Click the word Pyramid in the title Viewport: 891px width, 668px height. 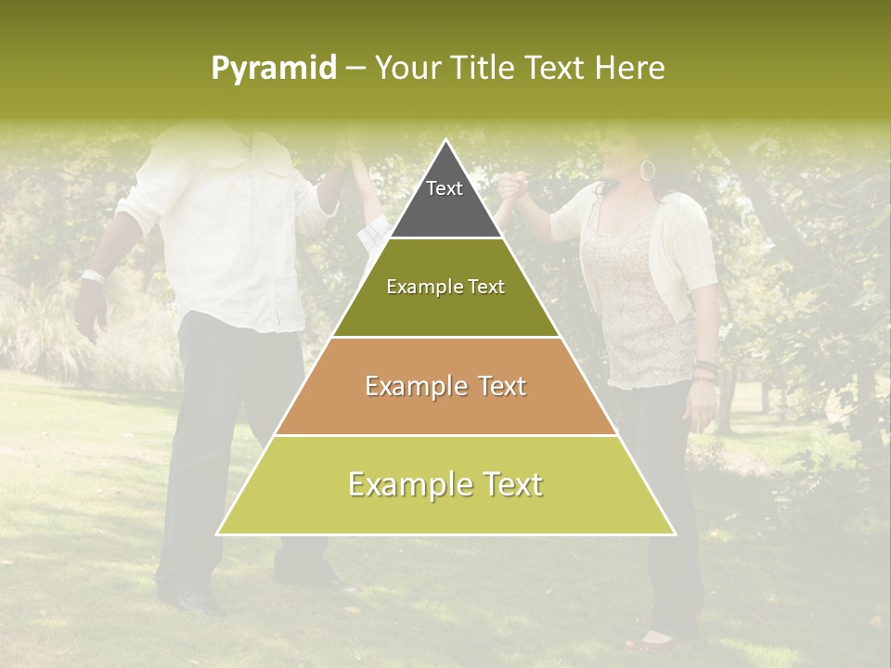click(x=273, y=69)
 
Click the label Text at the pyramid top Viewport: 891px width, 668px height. click(x=445, y=188)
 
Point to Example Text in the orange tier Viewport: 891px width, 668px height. click(x=445, y=386)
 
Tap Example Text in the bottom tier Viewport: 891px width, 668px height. click(x=445, y=484)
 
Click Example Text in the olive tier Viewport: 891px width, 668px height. click(x=445, y=287)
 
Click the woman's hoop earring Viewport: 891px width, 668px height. click(x=647, y=171)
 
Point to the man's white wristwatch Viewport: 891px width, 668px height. click(x=92, y=276)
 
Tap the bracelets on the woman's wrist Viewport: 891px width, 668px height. click(x=706, y=369)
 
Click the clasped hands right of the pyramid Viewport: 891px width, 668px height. click(x=511, y=190)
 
